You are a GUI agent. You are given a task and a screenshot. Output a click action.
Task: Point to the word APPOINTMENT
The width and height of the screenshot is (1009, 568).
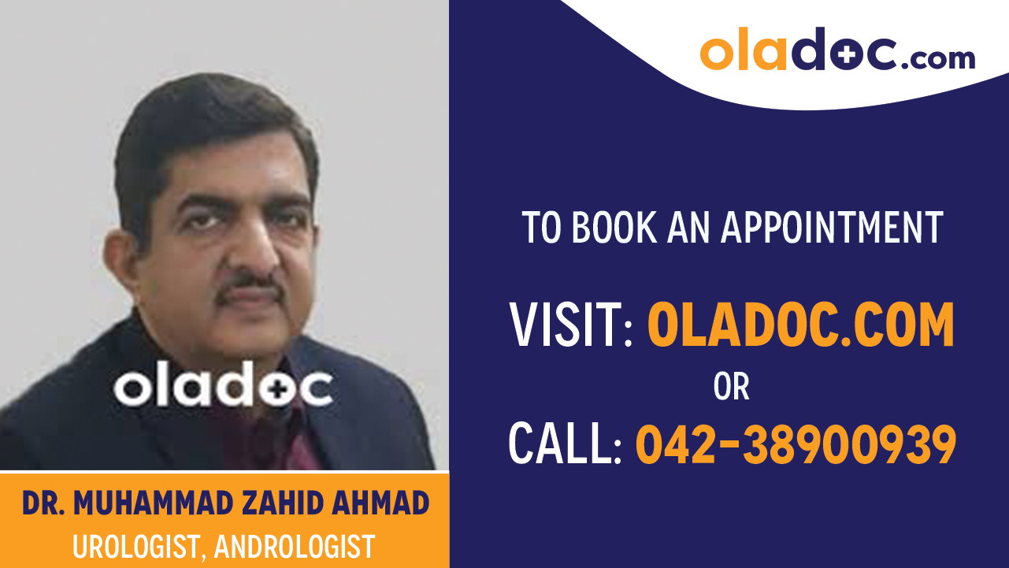(833, 227)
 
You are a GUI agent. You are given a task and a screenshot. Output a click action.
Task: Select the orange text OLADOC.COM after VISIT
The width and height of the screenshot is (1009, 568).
(800, 326)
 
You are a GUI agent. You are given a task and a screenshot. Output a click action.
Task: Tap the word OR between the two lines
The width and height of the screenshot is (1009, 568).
(731, 387)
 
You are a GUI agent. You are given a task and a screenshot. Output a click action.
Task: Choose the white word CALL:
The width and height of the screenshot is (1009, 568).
(566, 444)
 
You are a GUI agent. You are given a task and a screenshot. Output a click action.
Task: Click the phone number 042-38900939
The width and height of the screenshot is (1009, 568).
(796, 444)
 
